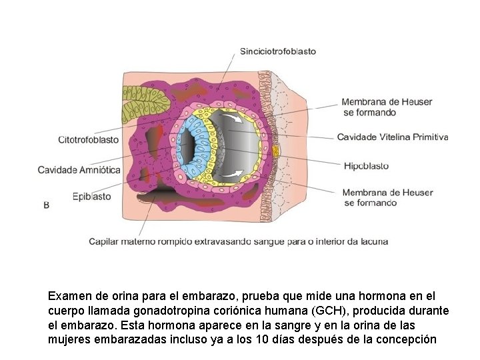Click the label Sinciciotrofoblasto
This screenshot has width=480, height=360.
[277, 51]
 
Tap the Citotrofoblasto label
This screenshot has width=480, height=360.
[89, 140]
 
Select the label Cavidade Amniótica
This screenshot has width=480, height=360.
[79, 170]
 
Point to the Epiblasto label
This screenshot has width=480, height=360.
[92, 196]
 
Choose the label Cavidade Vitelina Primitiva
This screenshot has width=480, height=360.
[393, 137]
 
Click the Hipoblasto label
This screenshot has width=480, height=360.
[366, 165]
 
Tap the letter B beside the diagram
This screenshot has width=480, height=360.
[46, 205]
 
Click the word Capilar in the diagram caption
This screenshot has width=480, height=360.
[104, 241]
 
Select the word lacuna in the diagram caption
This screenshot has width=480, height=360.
[374, 241]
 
